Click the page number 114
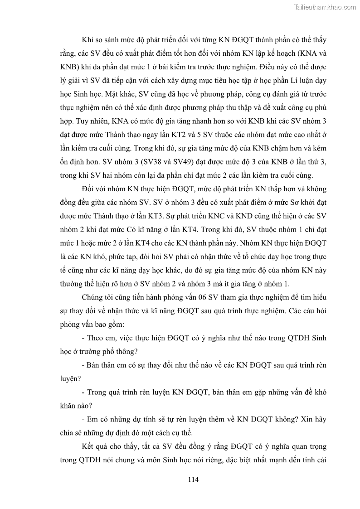[193, 479]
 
